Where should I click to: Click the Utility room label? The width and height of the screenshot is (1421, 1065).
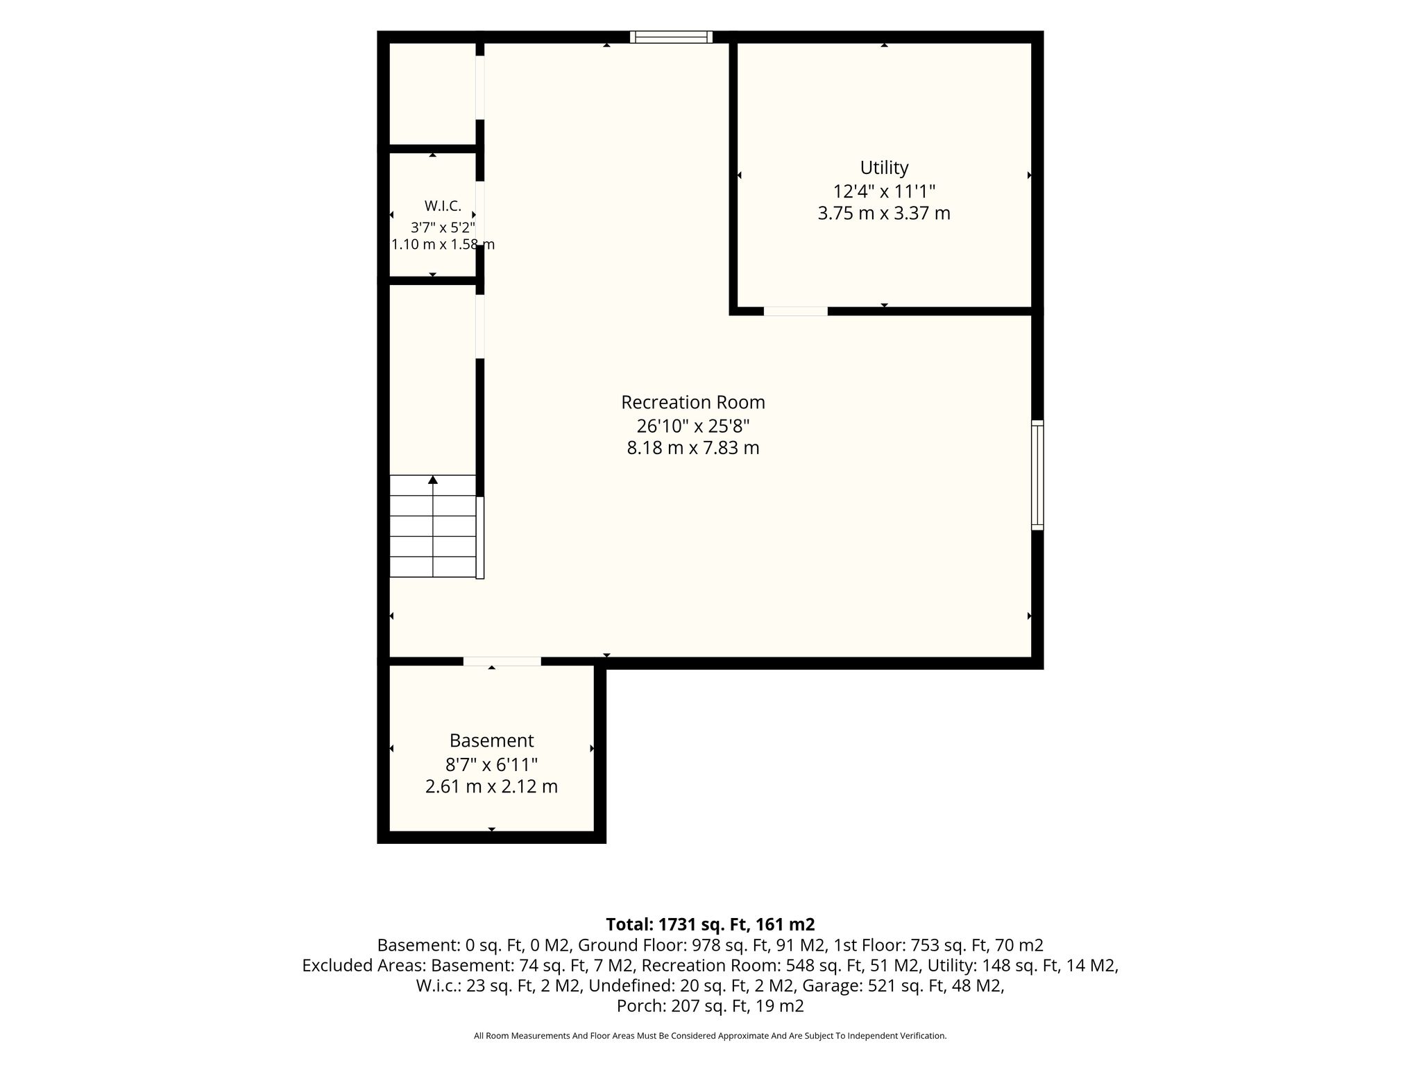(x=884, y=168)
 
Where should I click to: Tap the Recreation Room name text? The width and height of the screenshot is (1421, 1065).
(x=693, y=402)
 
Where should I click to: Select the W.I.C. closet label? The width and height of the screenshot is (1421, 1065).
(x=443, y=206)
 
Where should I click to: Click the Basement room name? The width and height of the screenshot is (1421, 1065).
(x=491, y=741)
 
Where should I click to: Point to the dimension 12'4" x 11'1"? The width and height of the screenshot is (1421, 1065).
(x=884, y=191)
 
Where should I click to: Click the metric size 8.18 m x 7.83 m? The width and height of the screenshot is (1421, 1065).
(x=693, y=448)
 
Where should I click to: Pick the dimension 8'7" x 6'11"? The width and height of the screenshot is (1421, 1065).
(x=491, y=764)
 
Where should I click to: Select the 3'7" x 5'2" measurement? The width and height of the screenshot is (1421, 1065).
(x=443, y=227)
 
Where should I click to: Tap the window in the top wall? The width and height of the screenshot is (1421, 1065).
(x=671, y=37)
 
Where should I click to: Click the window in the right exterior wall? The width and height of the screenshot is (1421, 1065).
(x=1037, y=475)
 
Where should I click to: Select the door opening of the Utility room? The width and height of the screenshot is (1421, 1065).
(x=796, y=311)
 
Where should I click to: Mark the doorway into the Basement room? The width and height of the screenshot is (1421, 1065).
(x=502, y=661)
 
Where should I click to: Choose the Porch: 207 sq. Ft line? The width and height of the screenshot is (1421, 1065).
(x=710, y=1005)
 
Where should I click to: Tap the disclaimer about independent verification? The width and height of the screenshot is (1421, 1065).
(x=710, y=1036)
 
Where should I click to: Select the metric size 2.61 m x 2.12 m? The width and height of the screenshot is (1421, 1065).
(x=491, y=787)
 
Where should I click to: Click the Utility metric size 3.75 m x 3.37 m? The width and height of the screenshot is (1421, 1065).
(x=884, y=213)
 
